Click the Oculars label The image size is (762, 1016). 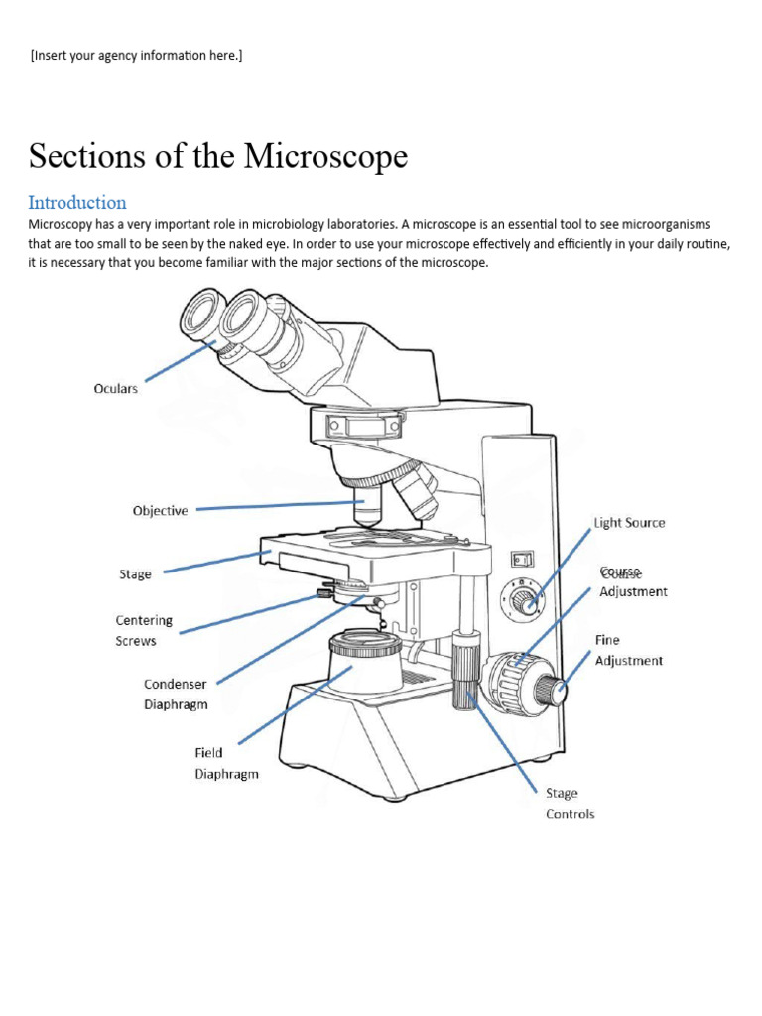(115, 389)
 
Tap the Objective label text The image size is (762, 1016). (160, 511)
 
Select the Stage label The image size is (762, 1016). (135, 574)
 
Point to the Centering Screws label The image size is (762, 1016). (144, 631)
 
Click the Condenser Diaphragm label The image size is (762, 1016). (176, 695)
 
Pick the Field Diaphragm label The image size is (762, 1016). (226, 764)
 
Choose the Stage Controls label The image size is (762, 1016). (571, 804)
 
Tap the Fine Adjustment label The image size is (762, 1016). (629, 651)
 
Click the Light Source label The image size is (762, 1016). (629, 523)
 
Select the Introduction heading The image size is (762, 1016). (77, 203)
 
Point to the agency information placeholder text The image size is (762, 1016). (136, 55)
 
